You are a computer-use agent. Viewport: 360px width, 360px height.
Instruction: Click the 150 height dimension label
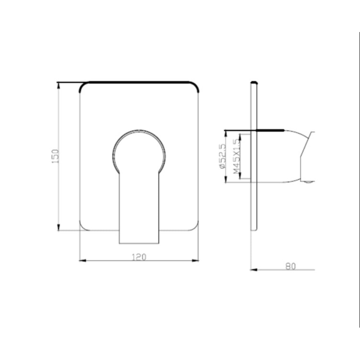55,156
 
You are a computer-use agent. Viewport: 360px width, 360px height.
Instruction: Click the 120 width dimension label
139,257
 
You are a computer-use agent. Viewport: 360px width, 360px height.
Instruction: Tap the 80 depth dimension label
291,266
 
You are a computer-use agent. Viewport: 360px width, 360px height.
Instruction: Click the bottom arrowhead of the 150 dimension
59,227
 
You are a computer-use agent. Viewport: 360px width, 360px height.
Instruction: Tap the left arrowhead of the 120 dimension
82,261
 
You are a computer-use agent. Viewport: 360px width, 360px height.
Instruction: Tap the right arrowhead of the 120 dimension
195,261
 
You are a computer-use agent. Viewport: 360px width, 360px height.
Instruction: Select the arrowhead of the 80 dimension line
254,270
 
